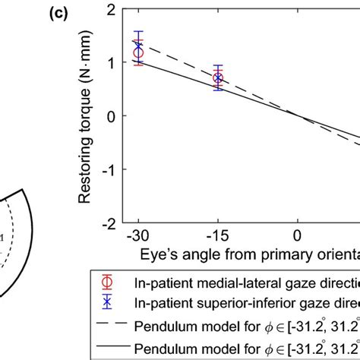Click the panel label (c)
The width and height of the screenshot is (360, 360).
coord(62,13)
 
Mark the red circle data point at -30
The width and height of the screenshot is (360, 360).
coord(138,54)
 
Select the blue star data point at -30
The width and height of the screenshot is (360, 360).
coord(138,46)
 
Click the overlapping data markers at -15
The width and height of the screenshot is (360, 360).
coord(218,78)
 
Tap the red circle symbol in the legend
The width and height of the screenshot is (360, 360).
coord(108,282)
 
